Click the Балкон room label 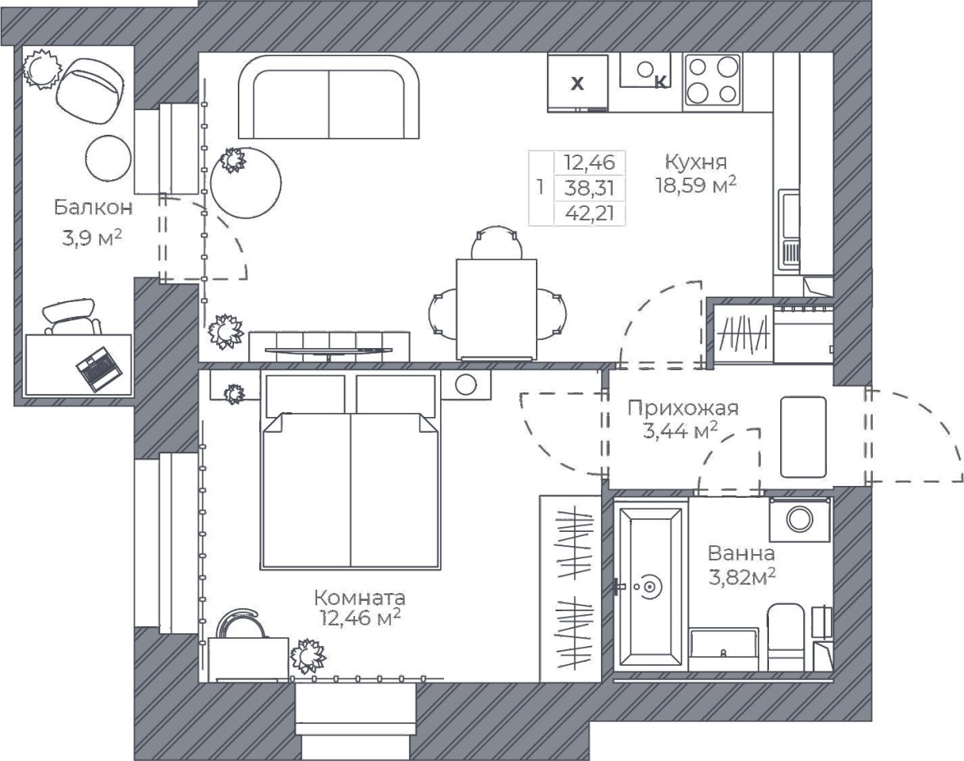point(94,208)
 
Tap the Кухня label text point(696,162)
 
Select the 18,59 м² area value point(696,185)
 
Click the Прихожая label point(683,408)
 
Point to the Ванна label point(741,553)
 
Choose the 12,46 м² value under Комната point(360,618)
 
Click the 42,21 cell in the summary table point(590,214)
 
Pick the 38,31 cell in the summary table point(589,188)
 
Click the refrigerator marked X point(577,83)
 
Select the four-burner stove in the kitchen point(712,81)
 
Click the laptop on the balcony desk point(99,369)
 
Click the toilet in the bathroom point(786,637)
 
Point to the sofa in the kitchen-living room point(329,97)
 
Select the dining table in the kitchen point(496,309)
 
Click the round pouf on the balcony point(109,159)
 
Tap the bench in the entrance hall point(803,437)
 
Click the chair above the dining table point(496,243)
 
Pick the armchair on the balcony point(90,92)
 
